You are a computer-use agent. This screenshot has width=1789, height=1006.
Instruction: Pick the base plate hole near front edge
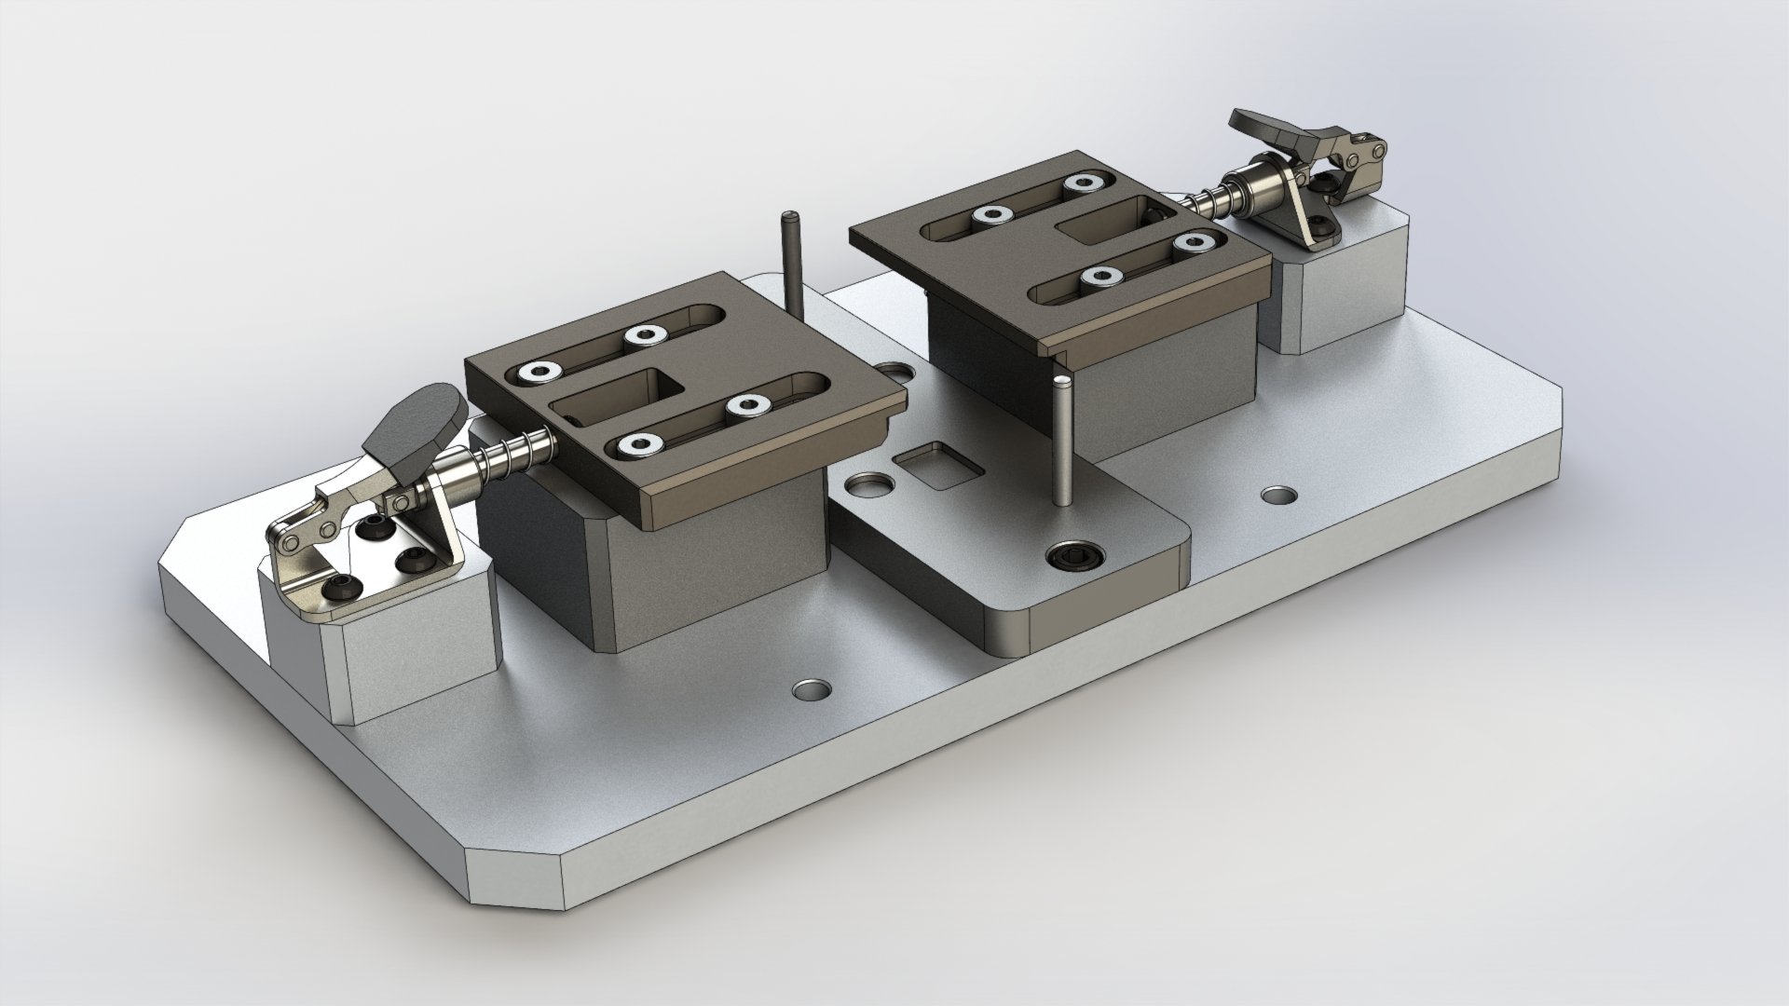click(812, 690)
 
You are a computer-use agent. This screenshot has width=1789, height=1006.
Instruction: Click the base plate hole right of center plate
click(1279, 494)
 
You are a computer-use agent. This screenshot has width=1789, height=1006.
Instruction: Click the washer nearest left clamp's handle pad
click(539, 373)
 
